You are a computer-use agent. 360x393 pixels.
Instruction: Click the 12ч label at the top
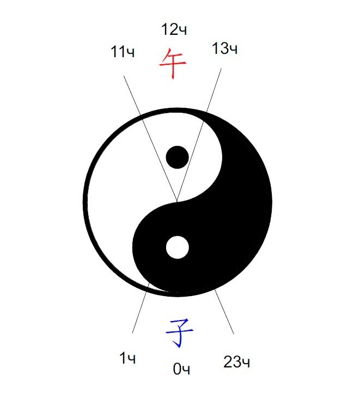(x=174, y=29)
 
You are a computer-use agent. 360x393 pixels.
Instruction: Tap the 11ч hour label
(x=123, y=52)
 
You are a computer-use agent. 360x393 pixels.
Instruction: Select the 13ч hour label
(x=224, y=48)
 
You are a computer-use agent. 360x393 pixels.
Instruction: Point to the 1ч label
(x=127, y=358)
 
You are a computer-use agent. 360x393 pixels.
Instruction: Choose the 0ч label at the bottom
(x=181, y=369)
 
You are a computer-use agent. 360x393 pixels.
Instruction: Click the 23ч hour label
(x=237, y=361)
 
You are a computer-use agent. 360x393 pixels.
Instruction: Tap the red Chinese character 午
(x=173, y=63)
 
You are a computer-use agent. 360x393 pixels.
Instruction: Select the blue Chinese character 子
(x=179, y=333)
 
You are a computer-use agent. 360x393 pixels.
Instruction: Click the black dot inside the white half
(x=177, y=157)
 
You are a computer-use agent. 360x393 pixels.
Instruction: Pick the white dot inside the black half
(x=177, y=247)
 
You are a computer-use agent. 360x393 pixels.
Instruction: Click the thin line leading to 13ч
(x=199, y=134)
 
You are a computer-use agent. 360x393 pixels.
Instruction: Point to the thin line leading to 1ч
(x=141, y=308)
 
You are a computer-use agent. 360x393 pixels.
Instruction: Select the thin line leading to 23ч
(x=224, y=311)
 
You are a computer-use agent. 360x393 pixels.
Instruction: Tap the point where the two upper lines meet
(x=177, y=201)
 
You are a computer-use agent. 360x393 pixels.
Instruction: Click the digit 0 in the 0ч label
(x=177, y=369)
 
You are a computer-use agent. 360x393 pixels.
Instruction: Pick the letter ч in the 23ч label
(x=246, y=363)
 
